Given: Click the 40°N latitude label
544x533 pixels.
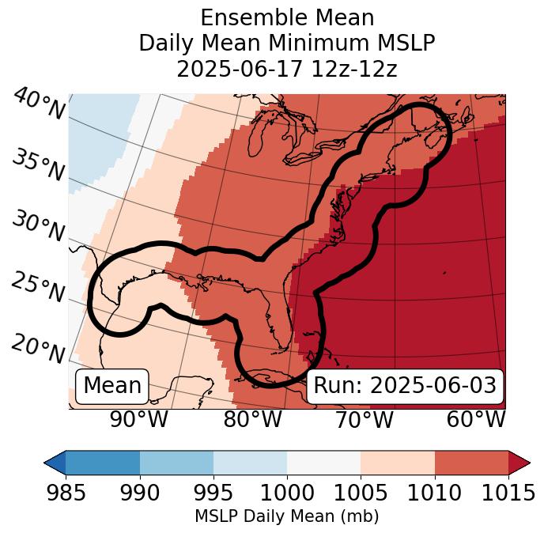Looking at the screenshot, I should (39, 104).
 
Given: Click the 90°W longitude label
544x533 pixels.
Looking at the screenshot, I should (138, 420).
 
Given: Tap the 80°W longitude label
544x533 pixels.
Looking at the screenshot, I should (252, 420).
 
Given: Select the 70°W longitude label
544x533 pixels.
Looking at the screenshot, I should (365, 420).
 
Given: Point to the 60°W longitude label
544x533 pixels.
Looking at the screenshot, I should (476, 420).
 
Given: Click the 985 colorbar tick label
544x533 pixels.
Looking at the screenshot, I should (66, 493).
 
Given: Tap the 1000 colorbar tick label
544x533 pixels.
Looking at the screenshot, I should (287, 493).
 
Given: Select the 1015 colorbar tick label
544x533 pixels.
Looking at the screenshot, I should (508, 493).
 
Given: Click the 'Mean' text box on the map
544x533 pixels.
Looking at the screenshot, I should (112, 386).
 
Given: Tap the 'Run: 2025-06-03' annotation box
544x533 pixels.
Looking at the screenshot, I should (405, 386).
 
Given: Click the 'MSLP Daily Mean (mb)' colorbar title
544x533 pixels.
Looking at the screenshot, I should (286, 517).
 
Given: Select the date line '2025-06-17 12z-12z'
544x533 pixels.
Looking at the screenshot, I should (286, 69).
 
